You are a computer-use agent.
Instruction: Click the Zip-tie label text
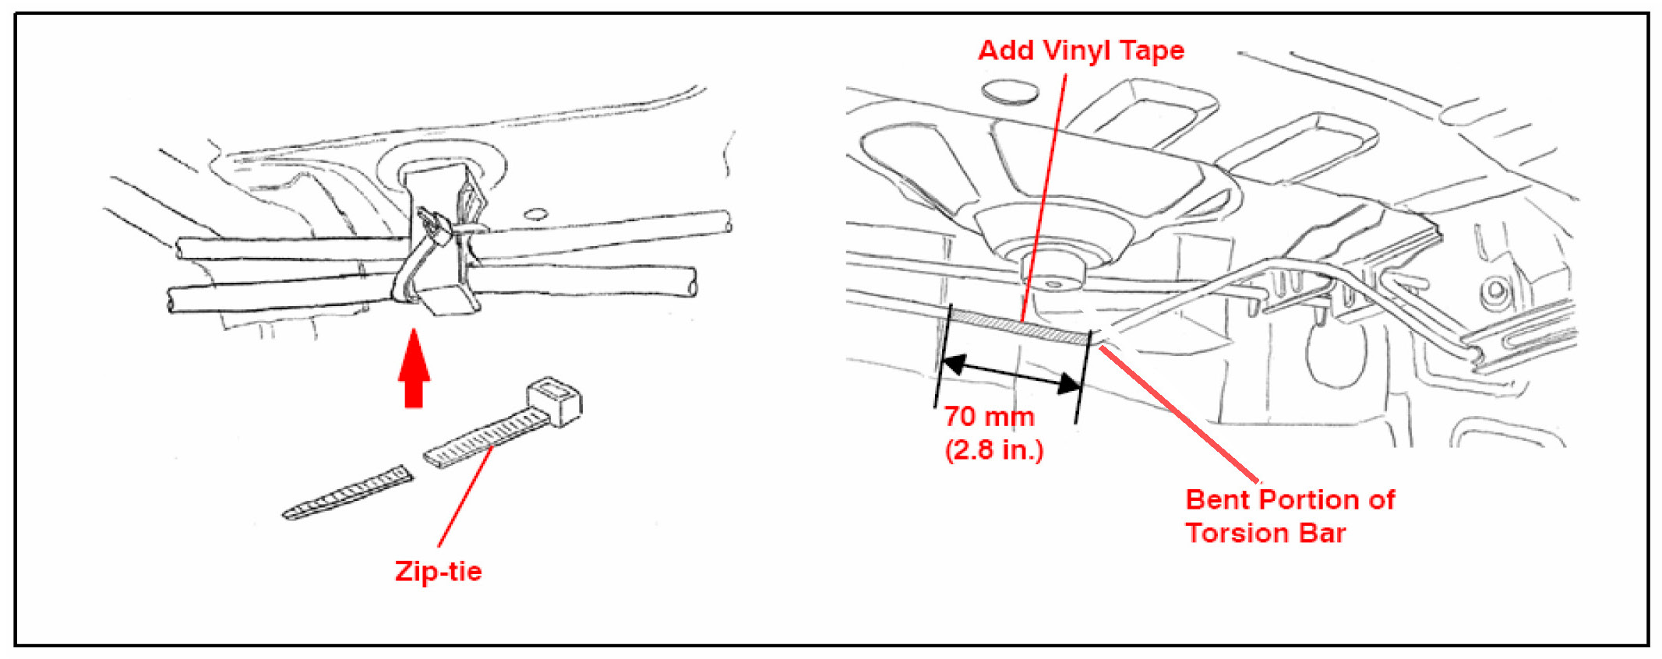click(x=438, y=571)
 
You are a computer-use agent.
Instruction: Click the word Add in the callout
click(x=1005, y=51)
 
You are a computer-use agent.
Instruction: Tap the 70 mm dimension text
click(x=989, y=416)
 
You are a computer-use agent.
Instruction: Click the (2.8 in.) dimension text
click(x=993, y=449)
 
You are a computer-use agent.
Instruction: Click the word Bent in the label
click(x=1216, y=499)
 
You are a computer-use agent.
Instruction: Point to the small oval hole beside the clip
click(x=536, y=213)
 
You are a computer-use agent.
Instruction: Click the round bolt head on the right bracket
click(x=1495, y=292)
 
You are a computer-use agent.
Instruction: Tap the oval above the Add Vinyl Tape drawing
click(x=1009, y=91)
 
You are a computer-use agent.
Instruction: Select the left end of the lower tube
click(x=174, y=300)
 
